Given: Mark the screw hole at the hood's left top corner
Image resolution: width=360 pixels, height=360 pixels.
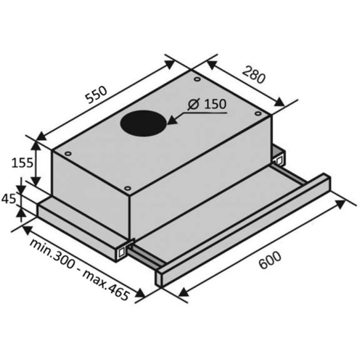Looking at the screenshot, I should coord(67,153).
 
